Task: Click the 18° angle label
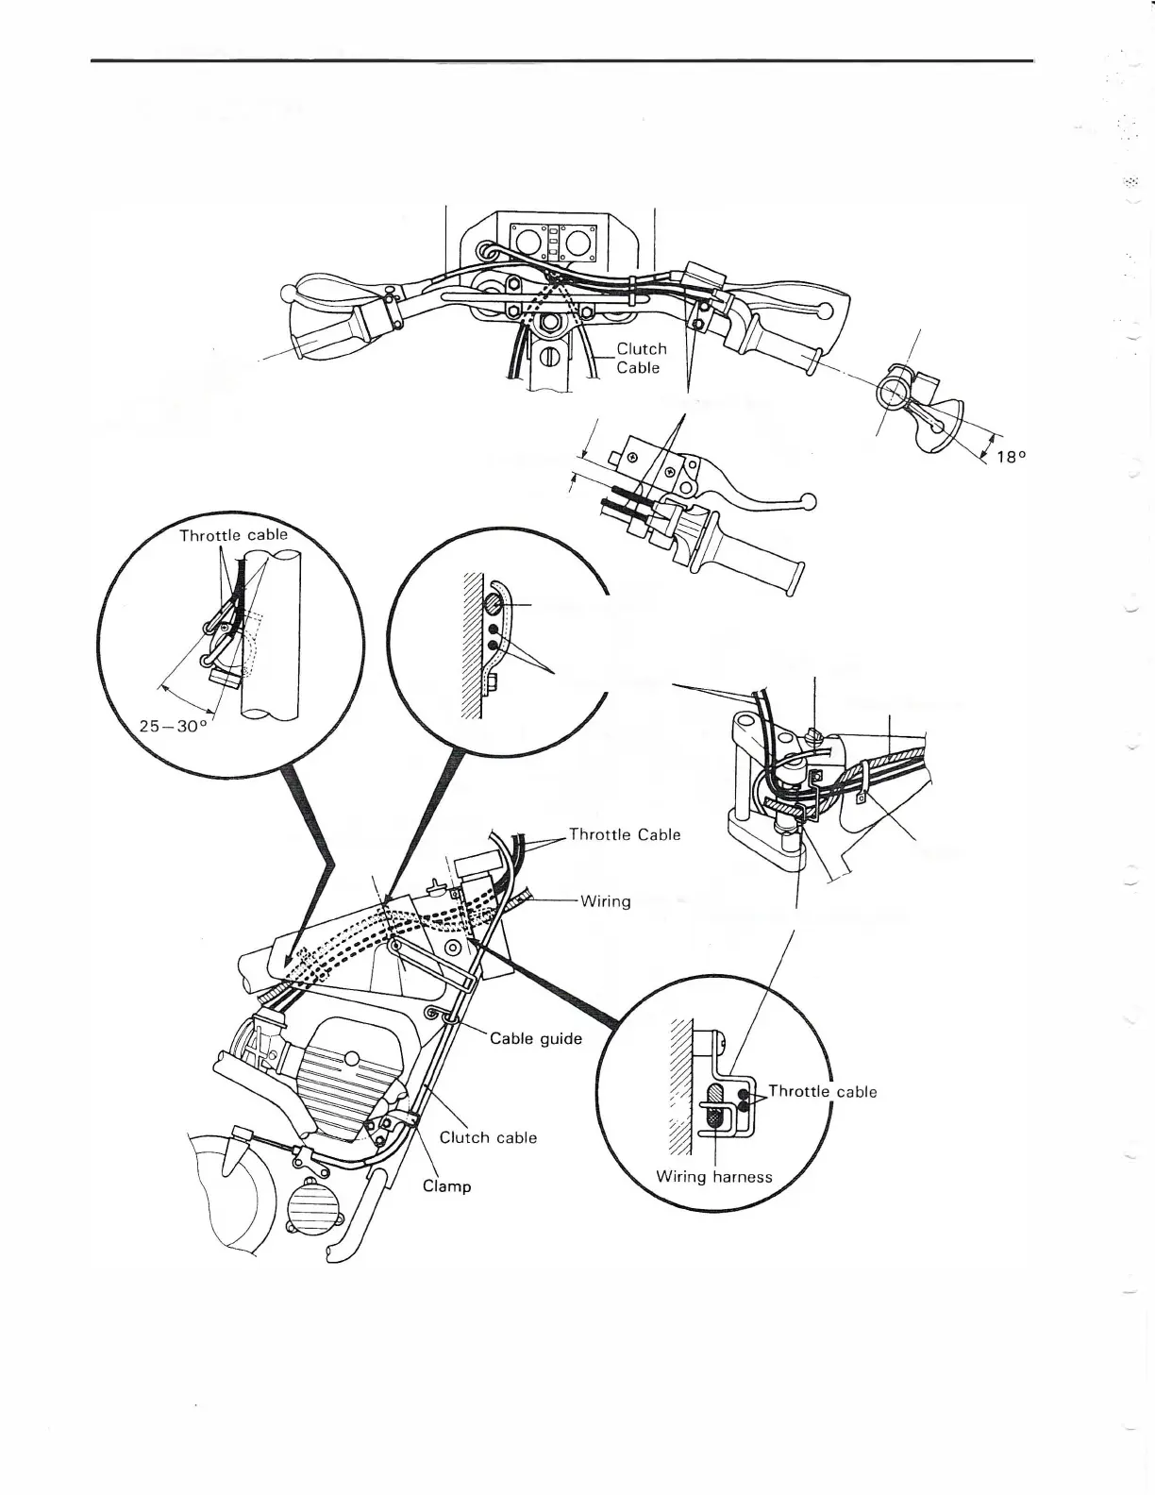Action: [x=1009, y=457]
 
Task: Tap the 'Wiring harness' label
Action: [x=713, y=1177]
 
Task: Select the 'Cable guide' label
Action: [x=536, y=1039]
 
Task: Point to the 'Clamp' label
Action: [x=446, y=1185]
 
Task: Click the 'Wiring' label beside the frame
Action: [x=605, y=901]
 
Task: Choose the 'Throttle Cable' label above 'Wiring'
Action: [x=624, y=834]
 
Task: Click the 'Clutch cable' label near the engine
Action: [x=488, y=1137]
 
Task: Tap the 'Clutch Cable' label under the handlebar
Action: [x=641, y=358]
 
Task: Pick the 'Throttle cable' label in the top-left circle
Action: [x=232, y=535]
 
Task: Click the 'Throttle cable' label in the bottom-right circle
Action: [x=822, y=1092]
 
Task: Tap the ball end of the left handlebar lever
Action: [x=287, y=294]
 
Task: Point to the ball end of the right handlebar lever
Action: [x=826, y=311]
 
